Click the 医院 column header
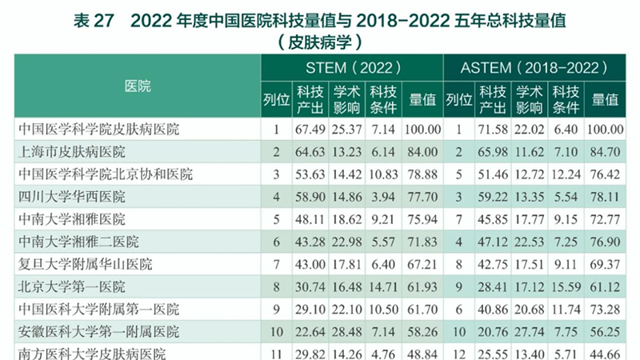pyautogui.click(x=138, y=86)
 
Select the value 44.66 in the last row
pyautogui.click(x=606, y=352)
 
